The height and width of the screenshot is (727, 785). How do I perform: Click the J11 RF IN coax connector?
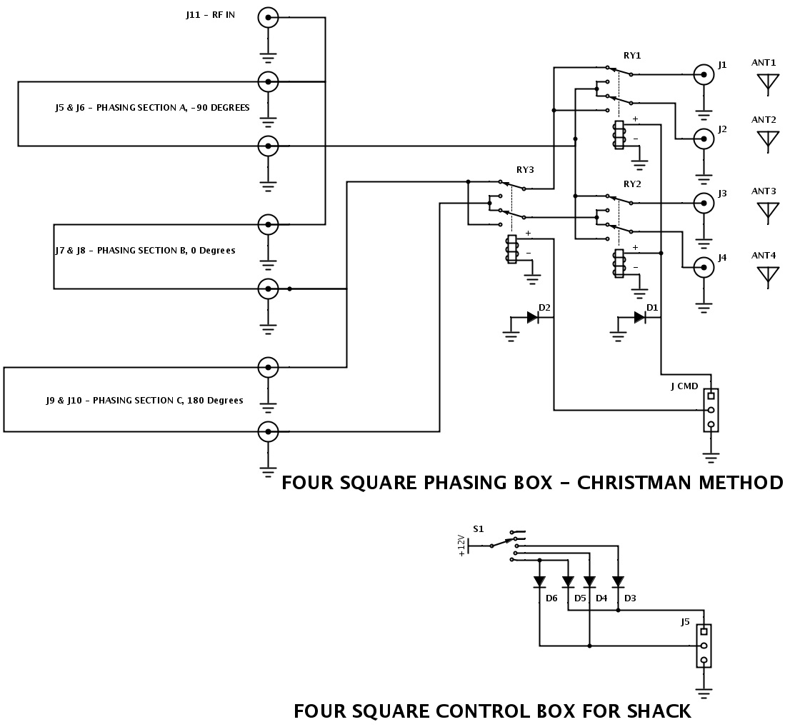(268, 18)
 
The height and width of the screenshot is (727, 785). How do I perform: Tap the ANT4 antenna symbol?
(768, 276)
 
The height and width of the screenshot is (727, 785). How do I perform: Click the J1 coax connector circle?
(704, 74)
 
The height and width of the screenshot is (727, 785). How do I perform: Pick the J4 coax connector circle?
(704, 267)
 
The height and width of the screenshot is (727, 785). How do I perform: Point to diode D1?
(639, 317)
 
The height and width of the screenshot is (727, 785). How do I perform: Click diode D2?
(532, 317)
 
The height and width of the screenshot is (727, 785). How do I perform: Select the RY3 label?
(525, 170)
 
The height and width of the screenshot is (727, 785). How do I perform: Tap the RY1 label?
(632, 55)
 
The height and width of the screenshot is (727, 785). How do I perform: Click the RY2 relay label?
(632, 184)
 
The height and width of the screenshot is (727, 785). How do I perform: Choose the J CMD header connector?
(711, 410)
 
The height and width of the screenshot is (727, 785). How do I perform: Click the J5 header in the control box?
(704, 646)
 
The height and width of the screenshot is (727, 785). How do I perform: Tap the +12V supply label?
(461, 546)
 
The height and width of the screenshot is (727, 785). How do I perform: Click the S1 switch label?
(478, 529)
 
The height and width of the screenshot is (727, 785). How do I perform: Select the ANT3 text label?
(764, 191)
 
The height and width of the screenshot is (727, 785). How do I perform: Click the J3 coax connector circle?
(704, 203)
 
